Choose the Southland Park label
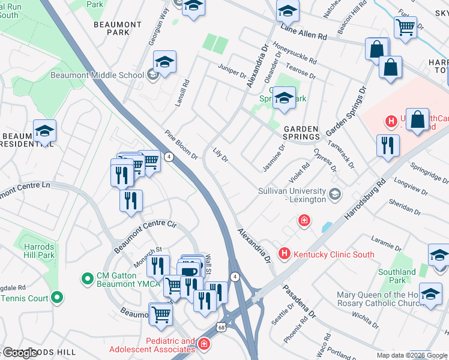point(397,276)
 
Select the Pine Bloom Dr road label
point(182,145)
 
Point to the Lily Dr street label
point(220,155)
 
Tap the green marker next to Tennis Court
point(57,296)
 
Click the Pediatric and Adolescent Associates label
point(152,346)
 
